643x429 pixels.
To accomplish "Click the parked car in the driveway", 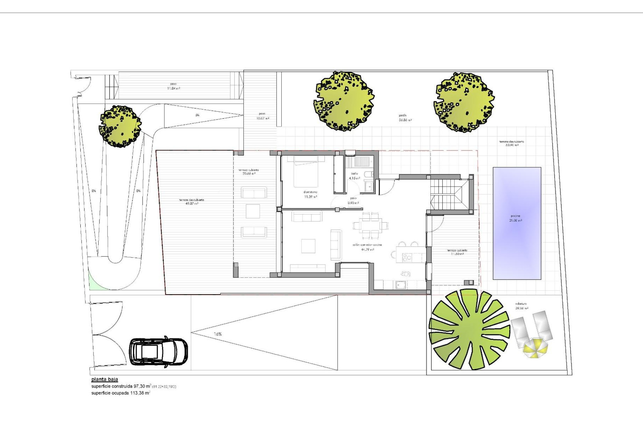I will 158,352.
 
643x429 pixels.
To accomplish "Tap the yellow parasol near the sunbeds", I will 535,348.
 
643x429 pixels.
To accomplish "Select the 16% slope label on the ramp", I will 218,334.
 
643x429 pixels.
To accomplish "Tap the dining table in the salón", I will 371,225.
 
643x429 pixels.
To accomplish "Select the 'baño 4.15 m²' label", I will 354,176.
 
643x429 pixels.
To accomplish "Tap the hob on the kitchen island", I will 407,258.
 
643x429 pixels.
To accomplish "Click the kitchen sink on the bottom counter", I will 401,285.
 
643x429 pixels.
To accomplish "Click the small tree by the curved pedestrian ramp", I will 120,126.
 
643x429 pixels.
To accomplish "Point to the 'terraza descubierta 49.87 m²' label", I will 191,202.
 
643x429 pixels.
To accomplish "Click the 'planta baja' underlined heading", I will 104,379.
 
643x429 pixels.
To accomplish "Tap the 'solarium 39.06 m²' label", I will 521,306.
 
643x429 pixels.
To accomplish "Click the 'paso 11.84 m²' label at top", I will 173,86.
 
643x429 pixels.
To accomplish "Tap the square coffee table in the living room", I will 308,246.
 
